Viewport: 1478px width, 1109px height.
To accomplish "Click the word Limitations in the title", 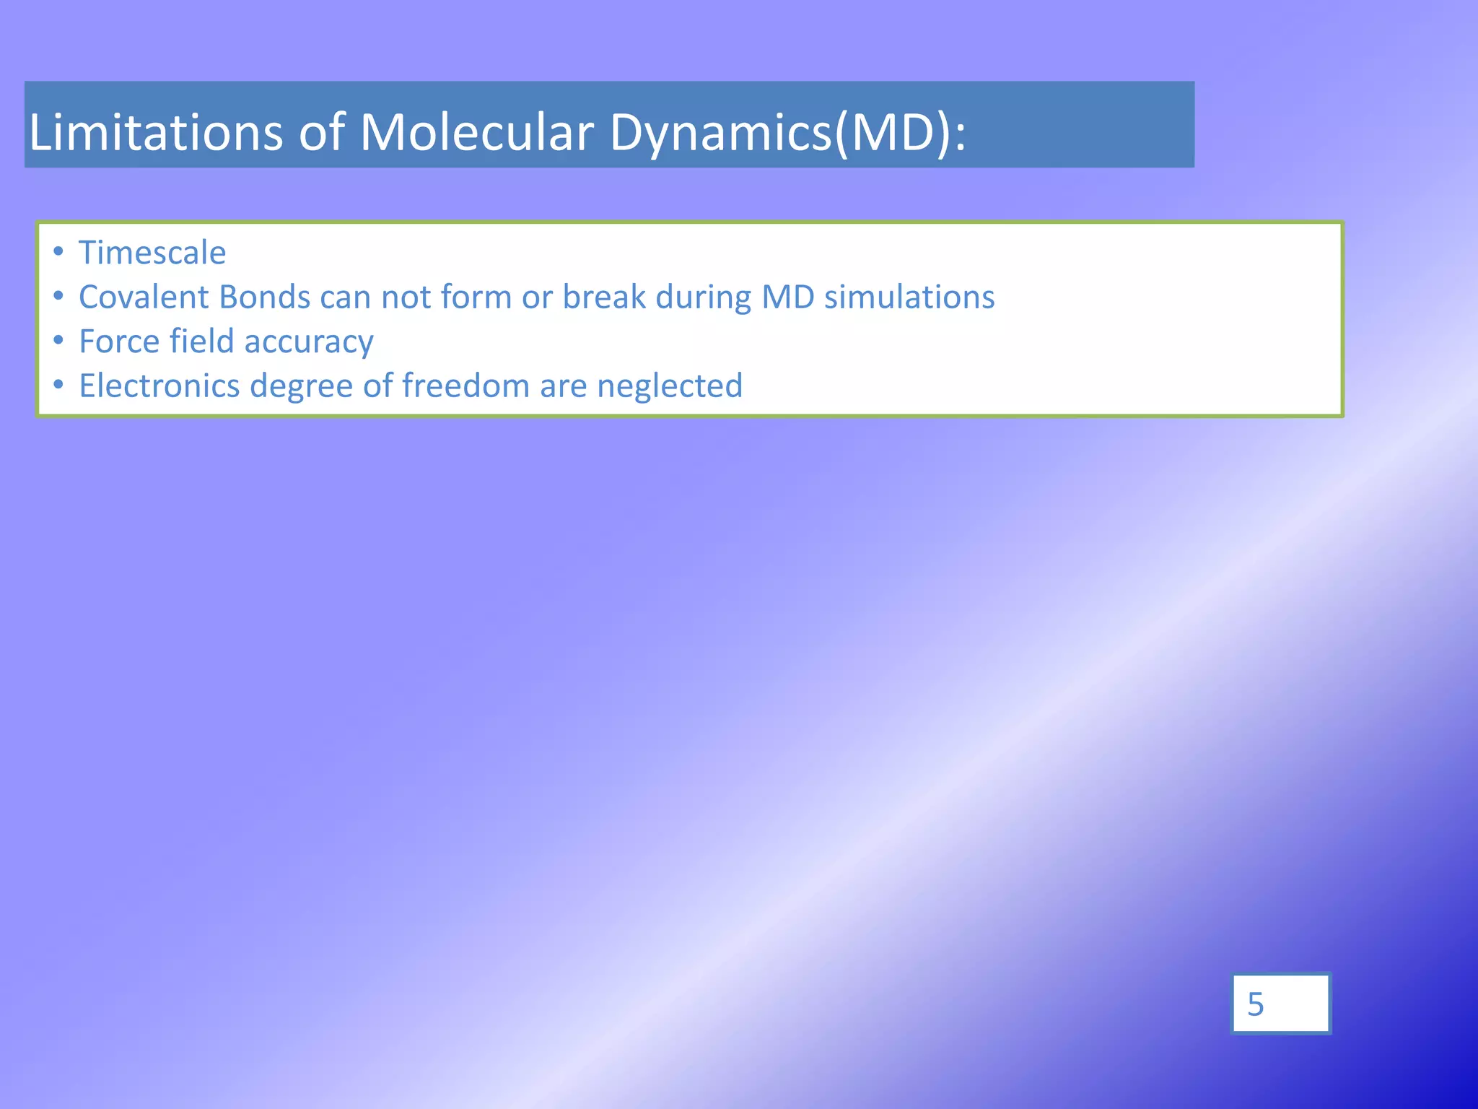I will [x=155, y=132].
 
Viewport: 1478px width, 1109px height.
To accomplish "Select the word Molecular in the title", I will [x=476, y=132].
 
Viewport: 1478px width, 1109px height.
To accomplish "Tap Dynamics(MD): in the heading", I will [x=787, y=134].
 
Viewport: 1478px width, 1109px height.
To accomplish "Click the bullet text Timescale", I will [x=152, y=253].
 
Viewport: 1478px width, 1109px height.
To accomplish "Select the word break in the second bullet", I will [x=604, y=297].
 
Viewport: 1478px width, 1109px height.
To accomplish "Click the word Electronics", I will [x=159, y=386].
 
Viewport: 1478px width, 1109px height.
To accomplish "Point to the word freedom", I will [x=466, y=386].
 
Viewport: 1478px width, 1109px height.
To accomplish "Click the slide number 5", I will [x=1256, y=1004].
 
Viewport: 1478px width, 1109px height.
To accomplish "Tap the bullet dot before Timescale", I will [x=58, y=251].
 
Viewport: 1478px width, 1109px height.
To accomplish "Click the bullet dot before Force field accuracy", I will [x=58, y=340].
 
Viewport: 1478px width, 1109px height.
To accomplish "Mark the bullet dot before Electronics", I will [x=58, y=384].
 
